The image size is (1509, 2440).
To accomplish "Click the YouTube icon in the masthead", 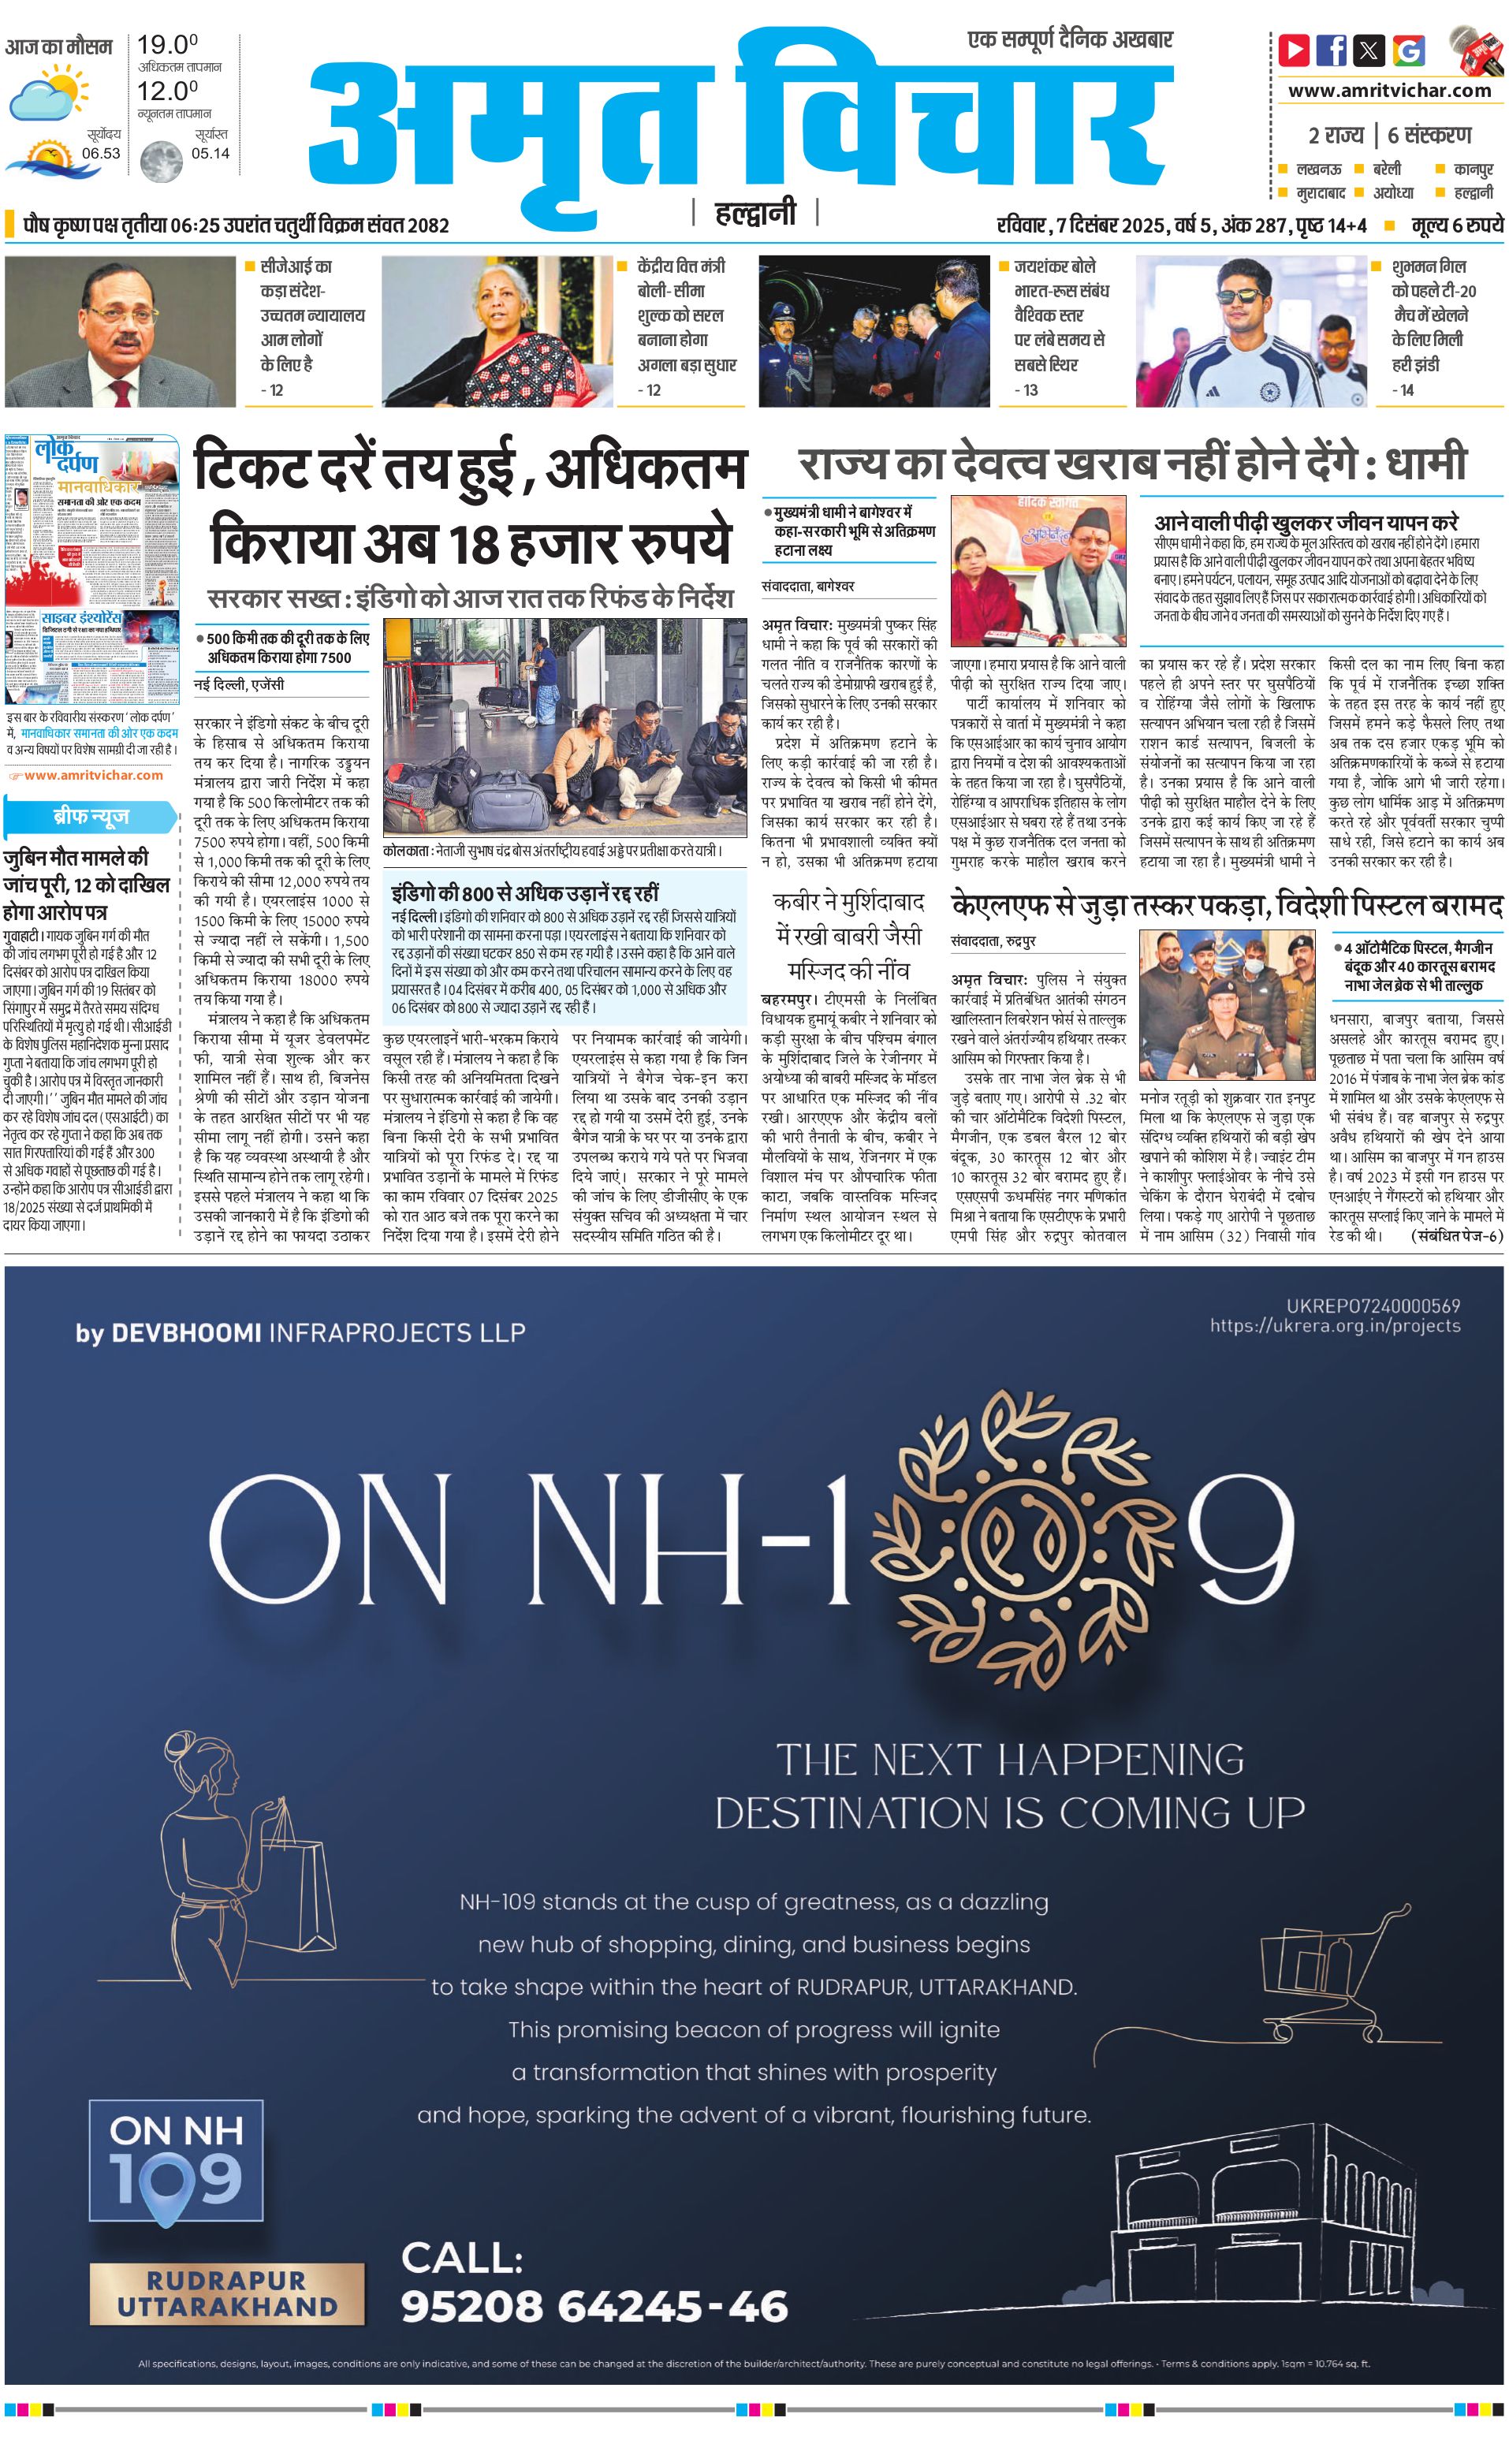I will click(x=1295, y=50).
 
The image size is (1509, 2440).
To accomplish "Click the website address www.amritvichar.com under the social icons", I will click(x=1389, y=90).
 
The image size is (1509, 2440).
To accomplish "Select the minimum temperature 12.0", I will click(x=166, y=91).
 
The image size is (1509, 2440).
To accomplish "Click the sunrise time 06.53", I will click(x=101, y=154).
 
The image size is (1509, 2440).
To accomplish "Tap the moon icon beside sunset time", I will click(x=160, y=160).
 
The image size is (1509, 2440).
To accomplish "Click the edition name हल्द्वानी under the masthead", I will click(x=755, y=213).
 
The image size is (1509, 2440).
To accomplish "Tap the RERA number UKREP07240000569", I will click(x=1373, y=1306).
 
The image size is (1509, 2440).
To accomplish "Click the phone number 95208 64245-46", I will click(x=594, y=2305).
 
